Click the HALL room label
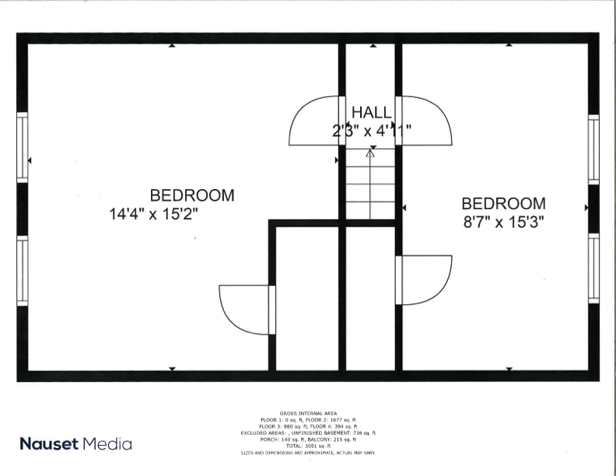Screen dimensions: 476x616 [x=371, y=113]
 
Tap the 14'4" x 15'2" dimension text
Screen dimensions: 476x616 [x=160, y=213]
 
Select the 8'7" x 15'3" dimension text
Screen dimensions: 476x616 [x=503, y=221]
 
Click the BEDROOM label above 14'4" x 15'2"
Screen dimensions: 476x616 [x=192, y=194]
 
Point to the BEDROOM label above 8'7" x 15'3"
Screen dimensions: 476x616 [x=504, y=203]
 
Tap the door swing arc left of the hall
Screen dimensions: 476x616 [x=315, y=122]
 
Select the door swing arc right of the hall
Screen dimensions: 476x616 [x=427, y=122]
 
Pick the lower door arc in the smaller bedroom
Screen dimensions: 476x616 [x=424, y=280]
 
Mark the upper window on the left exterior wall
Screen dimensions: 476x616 [x=23, y=147]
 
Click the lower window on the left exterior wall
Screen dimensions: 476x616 [x=23, y=271]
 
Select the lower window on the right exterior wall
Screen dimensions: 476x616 [x=593, y=268]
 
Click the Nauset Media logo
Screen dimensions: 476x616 [x=75, y=444]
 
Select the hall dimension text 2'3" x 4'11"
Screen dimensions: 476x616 [x=372, y=131]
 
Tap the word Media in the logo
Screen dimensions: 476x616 [x=110, y=444]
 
